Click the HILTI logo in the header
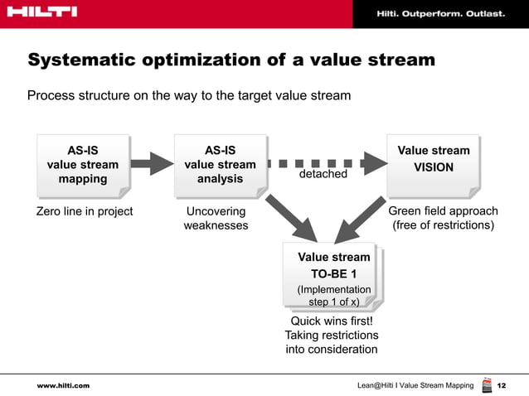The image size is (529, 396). [41, 12]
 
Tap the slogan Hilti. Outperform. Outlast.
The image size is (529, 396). [440, 14]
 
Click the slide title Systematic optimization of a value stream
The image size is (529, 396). [231, 60]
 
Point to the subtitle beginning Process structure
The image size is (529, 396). [189, 95]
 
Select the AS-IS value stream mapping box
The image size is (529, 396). [82, 165]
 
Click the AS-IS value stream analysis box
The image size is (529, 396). [220, 165]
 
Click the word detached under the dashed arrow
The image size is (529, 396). [323, 175]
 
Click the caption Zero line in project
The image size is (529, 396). [85, 211]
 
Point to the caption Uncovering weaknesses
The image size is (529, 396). [216, 218]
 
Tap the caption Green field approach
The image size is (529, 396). [443, 211]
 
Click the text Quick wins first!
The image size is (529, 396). [332, 321]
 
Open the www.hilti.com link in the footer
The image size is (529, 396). [63, 386]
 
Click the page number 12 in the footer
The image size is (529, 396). [501, 386]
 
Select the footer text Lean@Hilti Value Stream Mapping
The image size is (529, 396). [415, 386]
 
